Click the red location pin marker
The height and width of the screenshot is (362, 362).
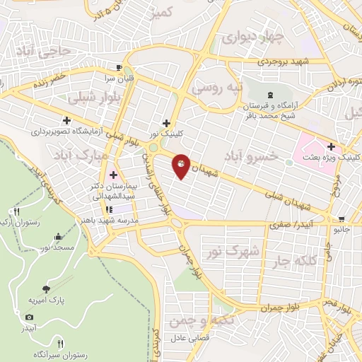[x=181, y=166]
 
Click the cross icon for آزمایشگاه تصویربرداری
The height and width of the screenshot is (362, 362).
[x=66, y=120]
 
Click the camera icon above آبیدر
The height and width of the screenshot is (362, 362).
[x=29, y=317]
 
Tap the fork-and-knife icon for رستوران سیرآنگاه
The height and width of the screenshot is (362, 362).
[x=60, y=344]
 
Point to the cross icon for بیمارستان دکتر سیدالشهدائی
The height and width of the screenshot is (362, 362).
[x=113, y=174]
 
